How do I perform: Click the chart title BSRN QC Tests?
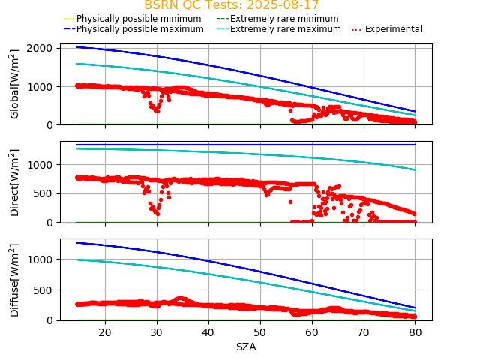pyautogui.click(x=231, y=5)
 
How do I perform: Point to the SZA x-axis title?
pyautogui.click(x=246, y=346)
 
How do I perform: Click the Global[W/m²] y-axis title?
pyautogui.click(x=15, y=84)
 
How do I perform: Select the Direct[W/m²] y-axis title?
pyautogui.click(x=15, y=182)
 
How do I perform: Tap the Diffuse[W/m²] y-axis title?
pyautogui.click(x=15, y=280)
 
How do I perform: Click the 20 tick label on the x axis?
pyautogui.click(x=105, y=332)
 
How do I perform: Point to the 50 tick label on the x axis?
pyautogui.click(x=260, y=332)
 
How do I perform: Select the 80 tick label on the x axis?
pyautogui.click(x=415, y=332)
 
